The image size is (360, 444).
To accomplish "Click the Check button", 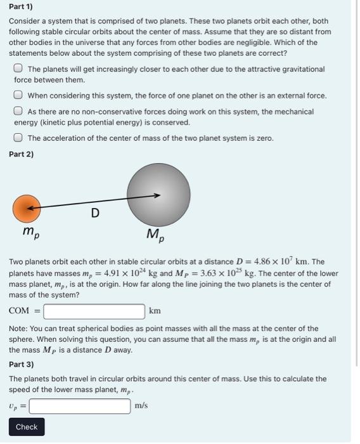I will pyautogui.click(x=27, y=427).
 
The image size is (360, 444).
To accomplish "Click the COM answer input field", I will pyautogui.click(x=95, y=311).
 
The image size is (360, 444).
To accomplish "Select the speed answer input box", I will pyautogui.click(x=80, y=405).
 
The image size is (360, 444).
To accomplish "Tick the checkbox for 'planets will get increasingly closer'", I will pyautogui.click(x=20, y=69).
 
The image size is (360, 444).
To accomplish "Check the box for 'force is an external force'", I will pyautogui.click(x=20, y=96).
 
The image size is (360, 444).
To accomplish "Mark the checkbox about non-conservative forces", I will pyautogui.click(x=20, y=111).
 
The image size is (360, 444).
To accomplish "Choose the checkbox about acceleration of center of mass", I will pyautogui.click(x=20, y=138).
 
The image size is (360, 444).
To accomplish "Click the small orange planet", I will pyautogui.click(x=27, y=207).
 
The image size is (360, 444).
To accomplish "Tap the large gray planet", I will pyautogui.click(x=158, y=193).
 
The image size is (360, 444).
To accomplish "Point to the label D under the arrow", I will pyautogui.click(x=94, y=214).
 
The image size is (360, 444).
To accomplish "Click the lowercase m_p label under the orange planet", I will pyautogui.click(x=29, y=233).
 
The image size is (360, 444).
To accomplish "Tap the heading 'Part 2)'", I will pyautogui.click(x=22, y=154).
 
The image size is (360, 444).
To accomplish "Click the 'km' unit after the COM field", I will pyautogui.click(x=155, y=311).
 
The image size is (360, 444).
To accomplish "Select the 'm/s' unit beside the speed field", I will pyautogui.click(x=141, y=405).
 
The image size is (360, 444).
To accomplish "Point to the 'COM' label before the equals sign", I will pyautogui.click(x=20, y=311).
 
